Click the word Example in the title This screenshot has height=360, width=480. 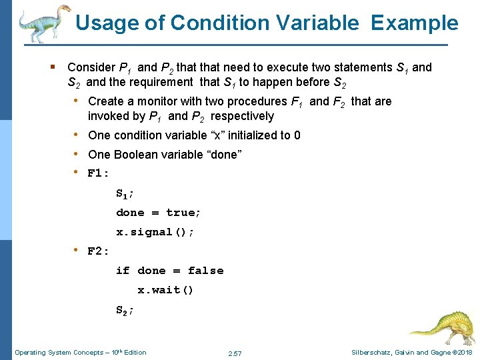(x=415, y=23)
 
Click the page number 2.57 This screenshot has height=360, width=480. (x=235, y=353)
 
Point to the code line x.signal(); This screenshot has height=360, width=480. (x=155, y=232)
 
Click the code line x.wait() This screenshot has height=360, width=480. (x=165, y=290)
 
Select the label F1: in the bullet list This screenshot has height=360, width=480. (x=99, y=174)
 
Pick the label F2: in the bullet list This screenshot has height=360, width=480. (x=99, y=251)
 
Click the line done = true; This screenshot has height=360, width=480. (x=159, y=213)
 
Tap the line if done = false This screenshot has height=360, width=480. (x=169, y=271)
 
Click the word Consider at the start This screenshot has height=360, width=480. (x=91, y=67)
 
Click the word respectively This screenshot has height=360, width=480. (x=242, y=116)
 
